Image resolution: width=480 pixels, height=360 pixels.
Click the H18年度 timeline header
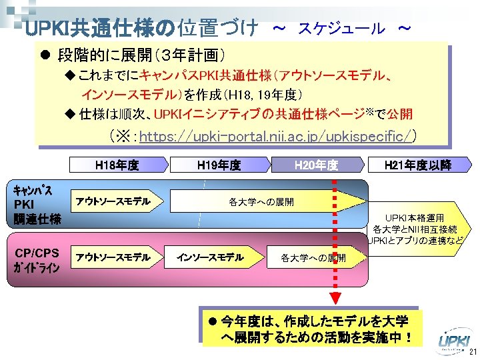117,165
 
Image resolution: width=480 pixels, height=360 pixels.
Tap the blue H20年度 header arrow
316,165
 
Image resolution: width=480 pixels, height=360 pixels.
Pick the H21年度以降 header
418,165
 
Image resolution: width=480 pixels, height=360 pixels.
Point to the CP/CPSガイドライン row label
37,261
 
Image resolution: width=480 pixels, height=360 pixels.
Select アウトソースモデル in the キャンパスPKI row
113,201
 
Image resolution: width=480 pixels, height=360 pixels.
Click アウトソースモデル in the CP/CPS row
113,257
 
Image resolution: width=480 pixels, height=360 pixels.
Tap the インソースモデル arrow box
211,257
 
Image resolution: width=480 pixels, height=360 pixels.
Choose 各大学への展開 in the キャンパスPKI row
261,201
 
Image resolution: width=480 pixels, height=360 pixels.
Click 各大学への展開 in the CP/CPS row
313,257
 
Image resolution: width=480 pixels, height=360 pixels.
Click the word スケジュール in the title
341,29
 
